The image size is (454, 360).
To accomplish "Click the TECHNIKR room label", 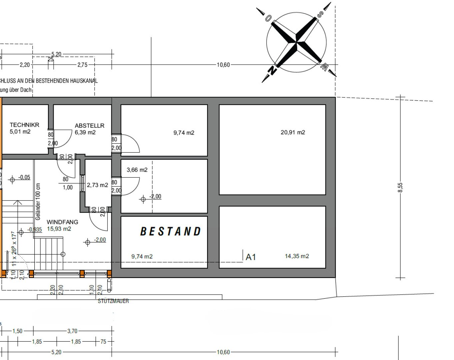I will point(24,125).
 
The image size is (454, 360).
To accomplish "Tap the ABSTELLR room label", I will point(90,126).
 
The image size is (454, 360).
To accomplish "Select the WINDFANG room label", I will point(62,222).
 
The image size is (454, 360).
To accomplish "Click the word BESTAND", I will point(171,231).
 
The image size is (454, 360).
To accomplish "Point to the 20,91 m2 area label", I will point(293,132).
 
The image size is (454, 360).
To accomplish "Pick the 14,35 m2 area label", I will point(297,256).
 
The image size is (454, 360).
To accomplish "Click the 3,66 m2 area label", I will point(137,170).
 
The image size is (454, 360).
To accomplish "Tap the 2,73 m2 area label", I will point(97,185).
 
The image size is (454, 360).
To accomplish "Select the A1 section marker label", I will point(251,257).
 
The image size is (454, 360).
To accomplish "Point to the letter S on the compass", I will point(320,14).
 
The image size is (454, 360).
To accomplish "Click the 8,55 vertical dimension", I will point(400,187).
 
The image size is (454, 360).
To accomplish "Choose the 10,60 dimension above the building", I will point(223,65).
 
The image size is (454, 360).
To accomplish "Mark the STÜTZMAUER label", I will point(113,301).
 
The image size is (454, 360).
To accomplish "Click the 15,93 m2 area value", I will point(59,229).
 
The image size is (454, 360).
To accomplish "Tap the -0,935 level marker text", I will point(35,230).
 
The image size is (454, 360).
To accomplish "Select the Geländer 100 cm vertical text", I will point(38,202).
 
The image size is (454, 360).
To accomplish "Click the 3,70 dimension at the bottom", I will point(72,331).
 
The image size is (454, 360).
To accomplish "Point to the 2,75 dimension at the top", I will point(82,65).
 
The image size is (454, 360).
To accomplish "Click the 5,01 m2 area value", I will point(20,132).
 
